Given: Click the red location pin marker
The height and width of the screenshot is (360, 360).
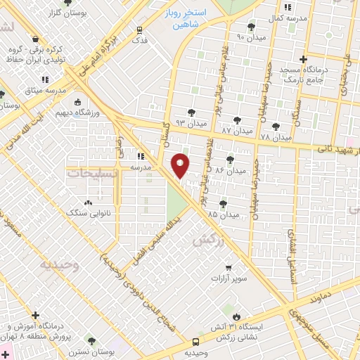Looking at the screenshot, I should pyautogui.click(x=181, y=165).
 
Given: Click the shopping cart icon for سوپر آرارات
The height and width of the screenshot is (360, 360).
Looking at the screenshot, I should pyautogui.click(x=229, y=267).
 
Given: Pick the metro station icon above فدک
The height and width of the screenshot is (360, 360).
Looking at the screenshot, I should pyautogui.click(x=139, y=30).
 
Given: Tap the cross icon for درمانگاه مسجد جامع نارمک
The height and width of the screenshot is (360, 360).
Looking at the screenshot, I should pyautogui.click(x=303, y=60).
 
